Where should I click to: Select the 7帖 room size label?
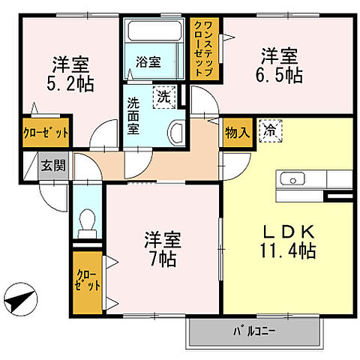point(161,259)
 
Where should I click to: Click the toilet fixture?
point(88,220)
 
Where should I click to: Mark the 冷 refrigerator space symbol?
point(268,130)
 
